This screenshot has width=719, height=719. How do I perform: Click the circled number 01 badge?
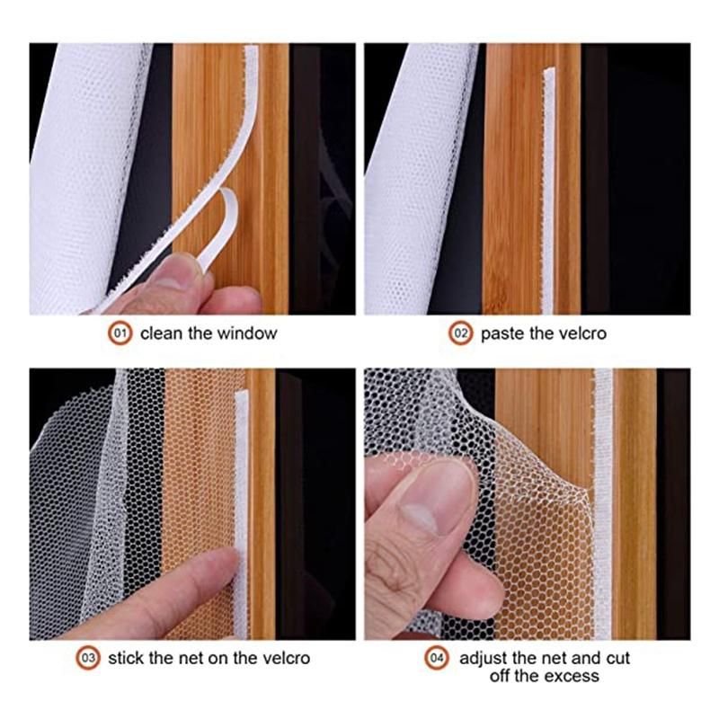pyautogui.click(x=120, y=333)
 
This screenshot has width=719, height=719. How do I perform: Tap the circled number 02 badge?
pyautogui.click(x=460, y=333)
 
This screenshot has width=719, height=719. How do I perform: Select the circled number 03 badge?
pyautogui.click(x=88, y=658)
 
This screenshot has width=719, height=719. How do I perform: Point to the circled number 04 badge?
pyautogui.click(x=437, y=658)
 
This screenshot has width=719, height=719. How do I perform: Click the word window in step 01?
pyautogui.click(x=247, y=333)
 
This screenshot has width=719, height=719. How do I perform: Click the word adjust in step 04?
pyautogui.click(x=484, y=659)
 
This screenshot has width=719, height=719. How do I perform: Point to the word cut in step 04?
pyautogui.click(x=618, y=659)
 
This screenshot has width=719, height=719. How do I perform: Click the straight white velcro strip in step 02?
pyautogui.click(x=549, y=191)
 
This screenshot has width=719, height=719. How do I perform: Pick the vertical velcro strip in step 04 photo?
pyautogui.click(x=602, y=504)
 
